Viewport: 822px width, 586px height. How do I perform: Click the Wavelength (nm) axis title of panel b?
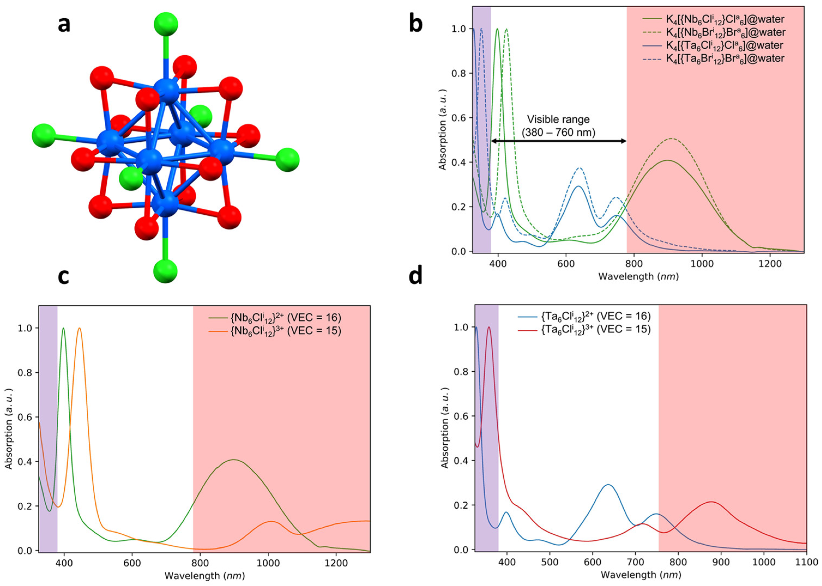pos(638,277)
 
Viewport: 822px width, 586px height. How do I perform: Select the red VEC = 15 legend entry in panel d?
pos(596,329)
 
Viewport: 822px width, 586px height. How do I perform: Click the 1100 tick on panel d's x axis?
pos(806,562)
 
